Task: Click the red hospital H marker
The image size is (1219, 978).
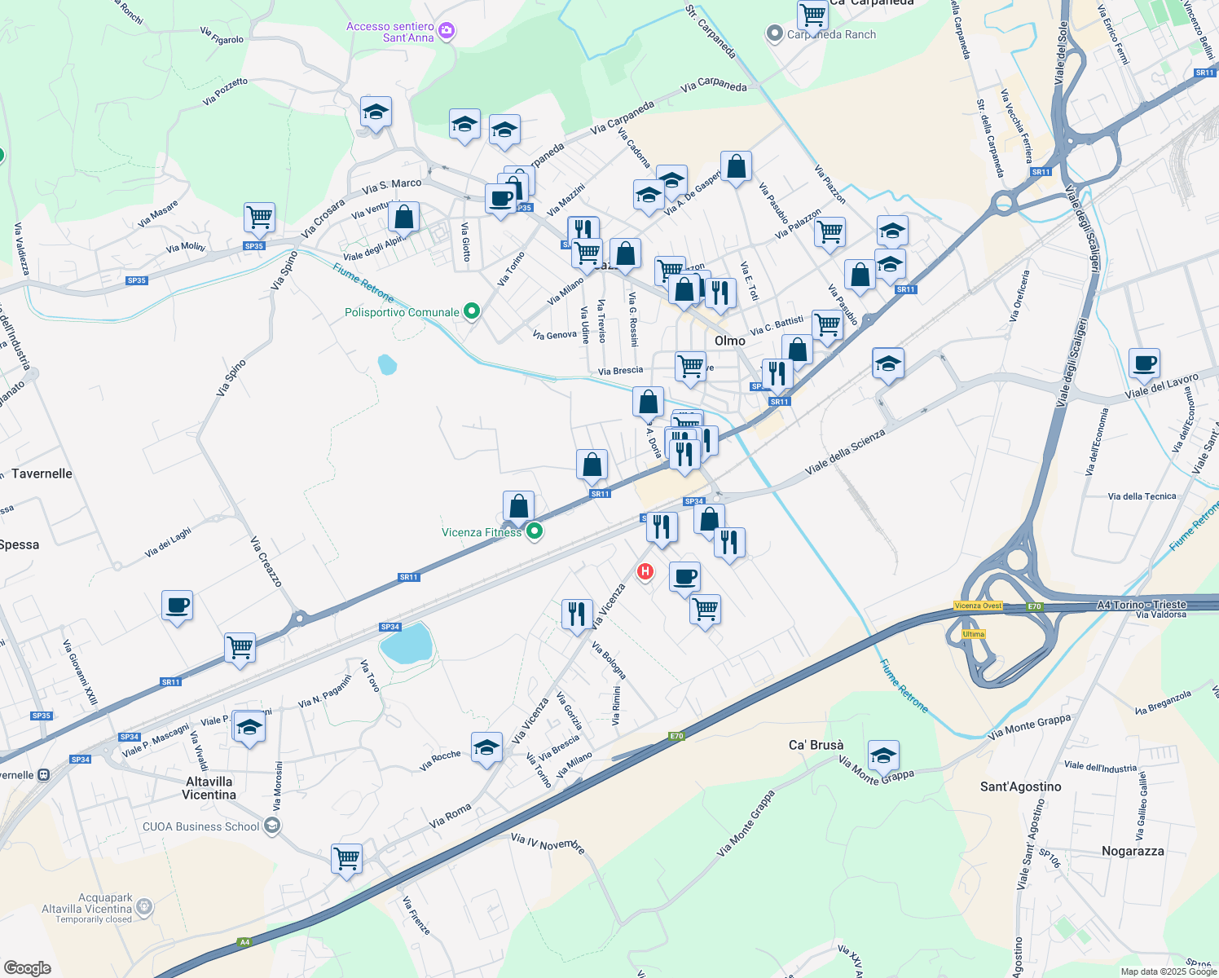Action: pos(645,571)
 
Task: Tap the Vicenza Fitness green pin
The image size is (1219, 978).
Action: pos(535,531)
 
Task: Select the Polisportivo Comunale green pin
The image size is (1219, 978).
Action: pos(471,311)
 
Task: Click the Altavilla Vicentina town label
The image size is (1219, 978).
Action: pos(209,788)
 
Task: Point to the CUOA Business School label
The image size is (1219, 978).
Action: pos(201,826)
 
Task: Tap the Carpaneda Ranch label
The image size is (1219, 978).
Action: pos(831,34)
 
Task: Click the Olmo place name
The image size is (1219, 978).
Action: pos(729,341)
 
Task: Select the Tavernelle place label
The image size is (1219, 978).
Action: pos(42,474)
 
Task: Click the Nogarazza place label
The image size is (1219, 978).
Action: pos(1133,851)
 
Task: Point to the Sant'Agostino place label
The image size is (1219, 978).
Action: pos(1020,786)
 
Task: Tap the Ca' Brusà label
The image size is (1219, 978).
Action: pos(816,745)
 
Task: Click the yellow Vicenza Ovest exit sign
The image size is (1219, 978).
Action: pos(978,606)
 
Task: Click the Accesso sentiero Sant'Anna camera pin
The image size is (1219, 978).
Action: pos(446,31)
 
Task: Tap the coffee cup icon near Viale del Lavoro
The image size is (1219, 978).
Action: pos(1144,363)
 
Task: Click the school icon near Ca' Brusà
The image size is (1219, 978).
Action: pos(883,756)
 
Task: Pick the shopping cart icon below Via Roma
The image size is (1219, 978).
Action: pos(346,858)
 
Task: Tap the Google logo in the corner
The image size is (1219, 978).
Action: pos(27,967)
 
